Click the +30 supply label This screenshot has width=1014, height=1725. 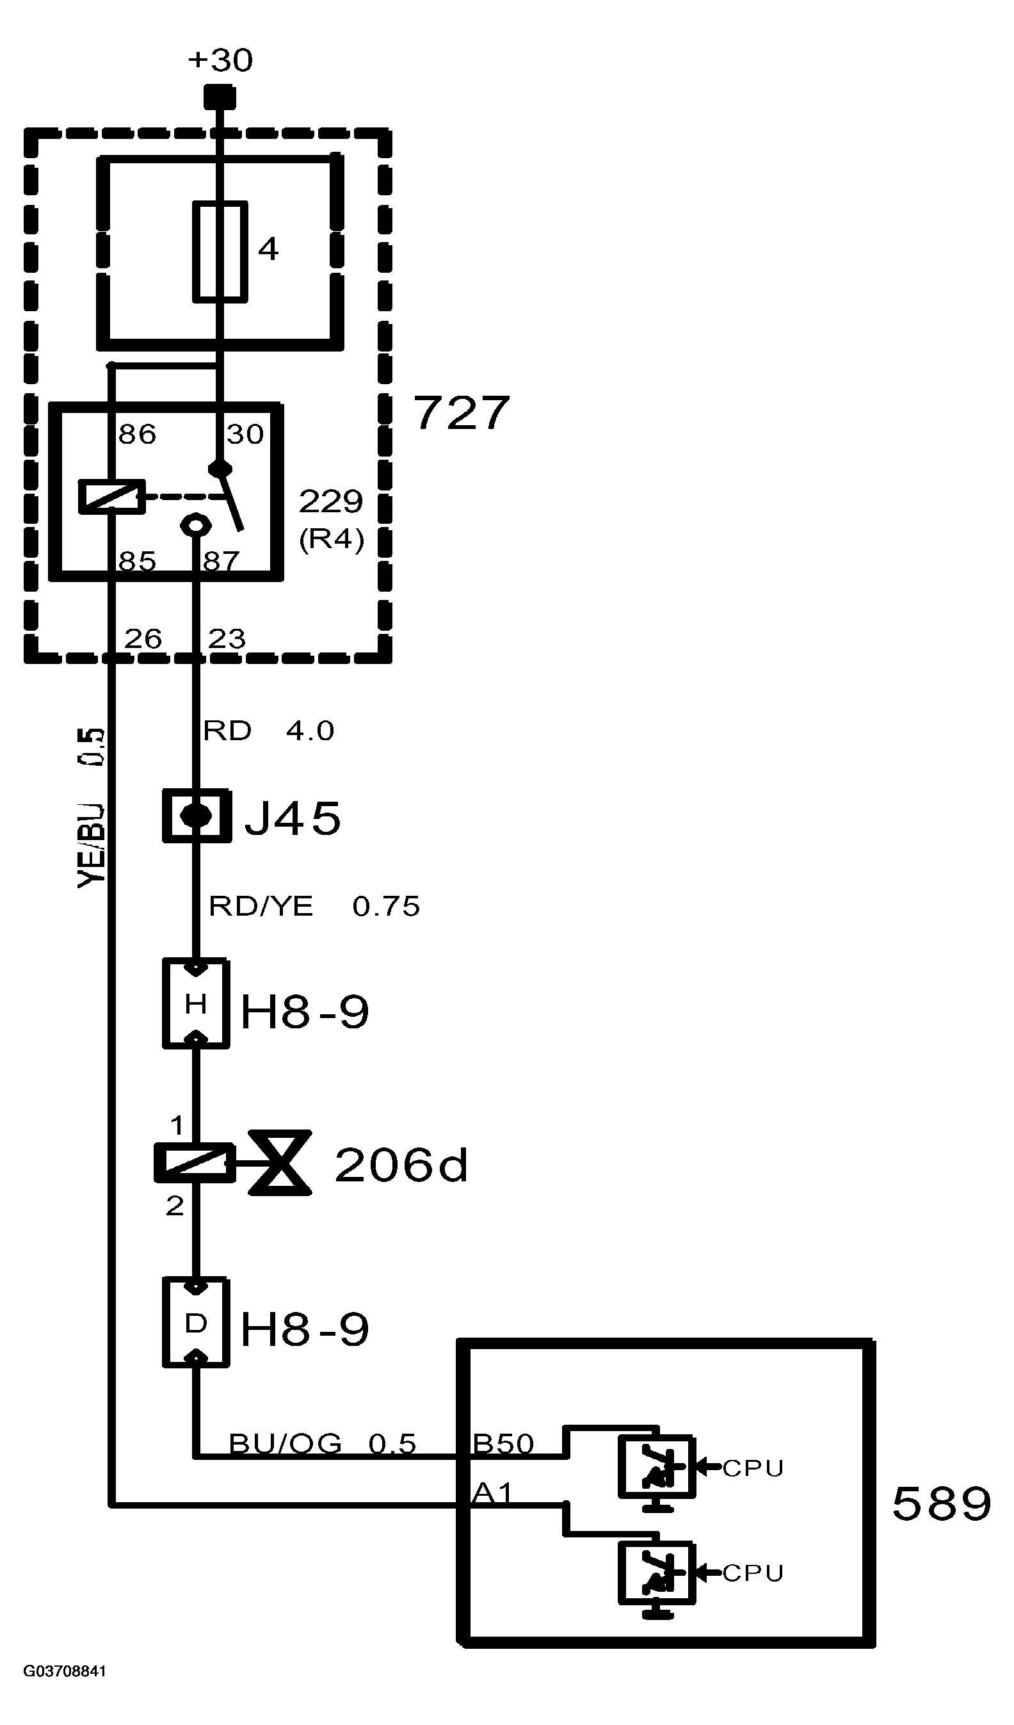tap(220, 61)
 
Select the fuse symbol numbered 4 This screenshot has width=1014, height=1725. tap(220, 251)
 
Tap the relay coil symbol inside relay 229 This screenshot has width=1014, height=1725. tap(111, 496)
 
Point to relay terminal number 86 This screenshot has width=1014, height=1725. tap(137, 434)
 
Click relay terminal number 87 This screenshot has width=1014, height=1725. tap(221, 562)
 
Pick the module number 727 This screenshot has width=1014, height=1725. tap(461, 413)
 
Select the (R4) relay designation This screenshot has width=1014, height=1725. tap(331, 539)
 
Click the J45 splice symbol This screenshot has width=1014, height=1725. tap(197, 815)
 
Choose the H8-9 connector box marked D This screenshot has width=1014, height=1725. tap(196, 1323)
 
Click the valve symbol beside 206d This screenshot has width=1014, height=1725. tap(280, 1163)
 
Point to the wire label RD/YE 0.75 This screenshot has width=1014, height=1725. tap(314, 906)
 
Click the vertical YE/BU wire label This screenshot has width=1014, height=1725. tap(92, 807)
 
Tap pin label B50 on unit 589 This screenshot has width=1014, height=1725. tap(503, 1443)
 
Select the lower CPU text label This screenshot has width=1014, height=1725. tap(753, 1573)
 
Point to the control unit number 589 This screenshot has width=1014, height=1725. tap(942, 1504)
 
